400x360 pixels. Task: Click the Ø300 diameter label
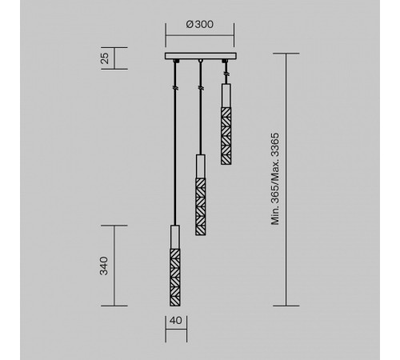(x=199, y=25)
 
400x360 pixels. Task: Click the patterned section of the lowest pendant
(x=174, y=276)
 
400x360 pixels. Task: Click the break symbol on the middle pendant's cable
(x=200, y=83)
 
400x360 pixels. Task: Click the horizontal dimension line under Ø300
(x=200, y=35)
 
